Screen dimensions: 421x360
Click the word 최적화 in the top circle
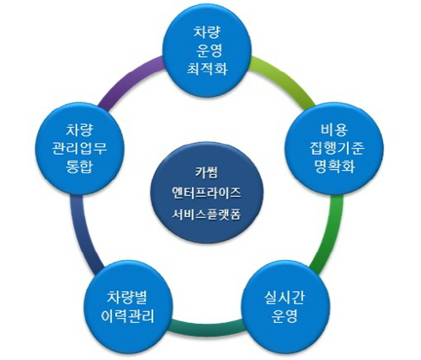(207, 68)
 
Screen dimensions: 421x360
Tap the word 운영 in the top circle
(209, 50)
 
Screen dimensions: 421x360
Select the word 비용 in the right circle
(334, 130)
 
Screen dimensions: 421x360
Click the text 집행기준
(337, 148)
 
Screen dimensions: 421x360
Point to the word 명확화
(334, 166)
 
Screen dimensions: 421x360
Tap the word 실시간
(285, 298)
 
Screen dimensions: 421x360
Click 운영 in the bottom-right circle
(285, 316)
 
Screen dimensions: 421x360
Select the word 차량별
(127, 298)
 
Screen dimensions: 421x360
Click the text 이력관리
(128, 316)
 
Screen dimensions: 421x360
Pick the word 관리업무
(79, 148)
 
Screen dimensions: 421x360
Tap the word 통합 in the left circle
(79, 166)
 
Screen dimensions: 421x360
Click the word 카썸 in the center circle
(206, 172)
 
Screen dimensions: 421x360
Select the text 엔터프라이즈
(206, 193)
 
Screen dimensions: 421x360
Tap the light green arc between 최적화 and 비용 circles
(284, 79)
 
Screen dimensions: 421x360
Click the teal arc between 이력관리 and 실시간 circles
(207, 327)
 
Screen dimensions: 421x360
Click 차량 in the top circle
(207, 32)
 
